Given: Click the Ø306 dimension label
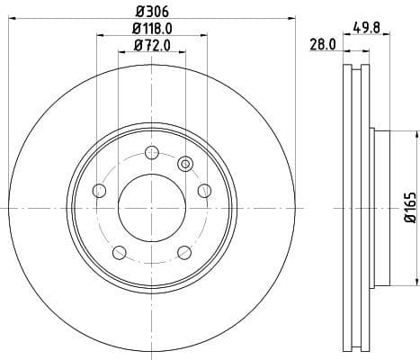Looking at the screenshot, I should click(x=151, y=11).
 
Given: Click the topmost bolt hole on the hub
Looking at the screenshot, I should click(x=151, y=151).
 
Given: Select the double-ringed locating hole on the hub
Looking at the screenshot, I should click(x=185, y=163).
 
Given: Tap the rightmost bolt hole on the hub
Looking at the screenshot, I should click(x=204, y=190).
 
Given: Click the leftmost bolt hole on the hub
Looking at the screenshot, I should click(x=98, y=190).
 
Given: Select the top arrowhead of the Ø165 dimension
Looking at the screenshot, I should click(x=416, y=134).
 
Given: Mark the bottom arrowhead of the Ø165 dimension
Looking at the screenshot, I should click(x=416, y=281).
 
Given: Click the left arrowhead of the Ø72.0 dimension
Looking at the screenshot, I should click(x=121, y=52).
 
